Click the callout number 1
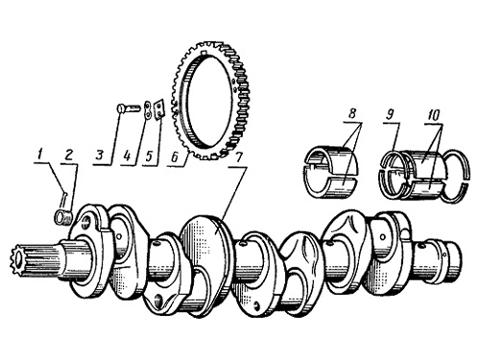[39, 156]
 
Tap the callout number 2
[69, 156]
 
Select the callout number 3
[100, 156]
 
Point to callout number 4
[127, 156]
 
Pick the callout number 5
[149, 156]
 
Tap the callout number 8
[352, 114]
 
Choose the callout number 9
[390, 114]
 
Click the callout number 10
[434, 114]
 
